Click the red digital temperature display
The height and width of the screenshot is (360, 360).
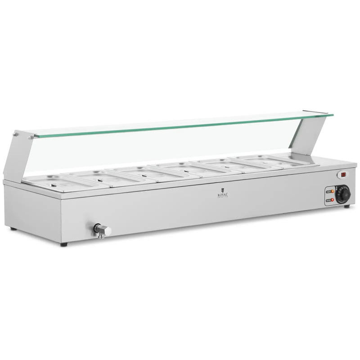point(343,174)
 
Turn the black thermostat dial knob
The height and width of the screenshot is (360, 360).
point(343,194)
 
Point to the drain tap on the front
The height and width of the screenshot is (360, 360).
point(102,230)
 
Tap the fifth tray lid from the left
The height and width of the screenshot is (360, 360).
point(220,164)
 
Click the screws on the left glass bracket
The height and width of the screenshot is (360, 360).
point(17,134)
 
